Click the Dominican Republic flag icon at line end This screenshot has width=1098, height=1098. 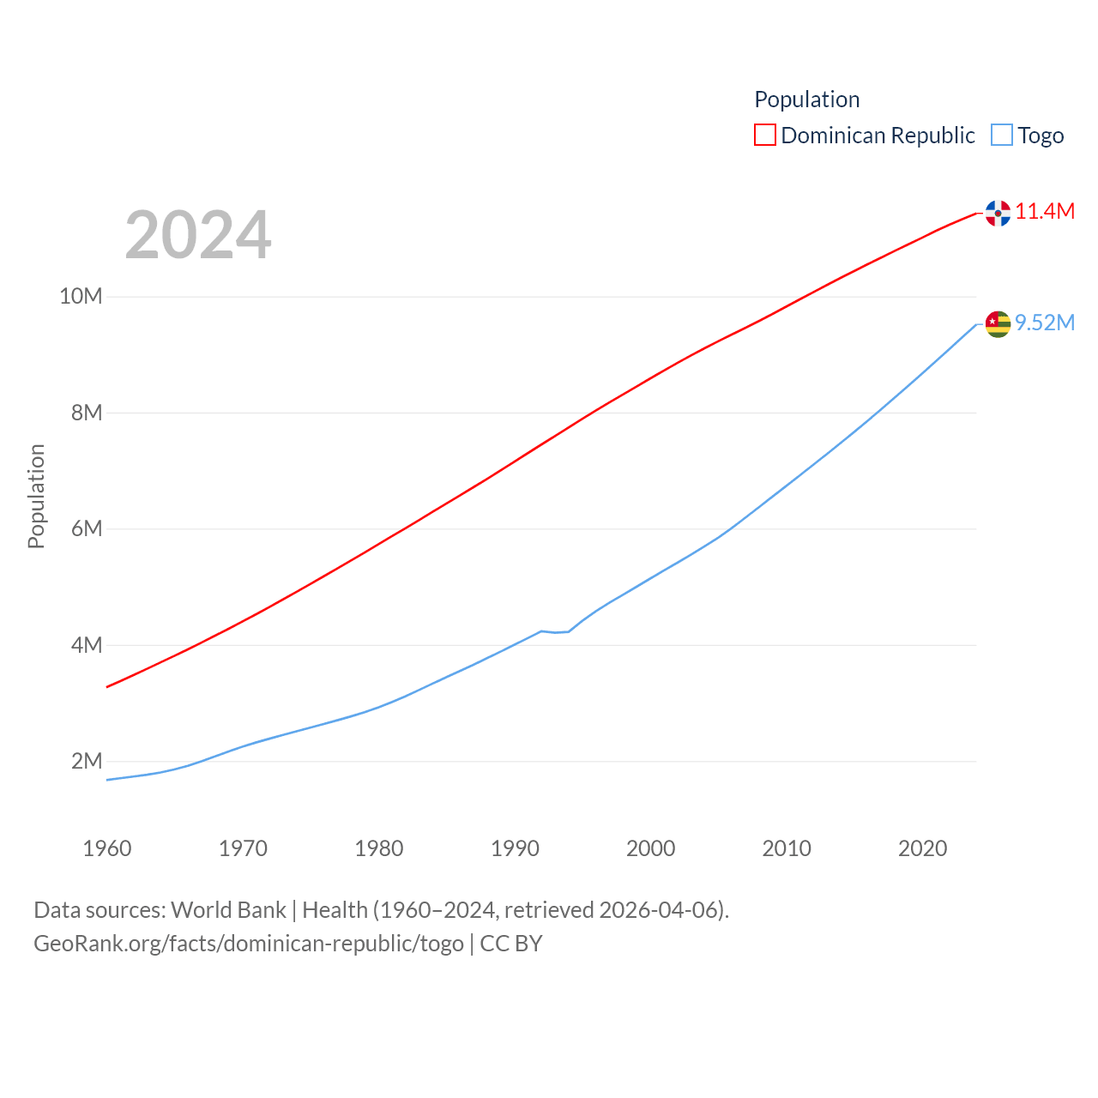pyautogui.click(x=998, y=213)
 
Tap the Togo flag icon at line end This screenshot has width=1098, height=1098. pyautogui.click(x=998, y=324)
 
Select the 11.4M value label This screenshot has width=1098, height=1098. pyautogui.click(x=1045, y=211)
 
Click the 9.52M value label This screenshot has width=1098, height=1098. pyautogui.click(x=1045, y=323)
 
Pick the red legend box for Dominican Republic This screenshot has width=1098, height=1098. pyautogui.click(x=765, y=136)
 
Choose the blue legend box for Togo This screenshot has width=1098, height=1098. pyautogui.click(x=1002, y=136)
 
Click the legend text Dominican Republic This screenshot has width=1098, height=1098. pyautogui.click(x=878, y=136)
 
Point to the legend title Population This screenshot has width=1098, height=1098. pyautogui.click(x=806, y=100)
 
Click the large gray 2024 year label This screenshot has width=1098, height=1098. pyautogui.click(x=198, y=235)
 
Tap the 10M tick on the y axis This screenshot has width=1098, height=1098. pyautogui.click(x=81, y=297)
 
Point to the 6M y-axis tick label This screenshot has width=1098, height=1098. pyautogui.click(x=87, y=528)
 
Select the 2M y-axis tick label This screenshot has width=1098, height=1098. pyautogui.click(x=87, y=761)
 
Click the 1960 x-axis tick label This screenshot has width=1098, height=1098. pyautogui.click(x=107, y=848)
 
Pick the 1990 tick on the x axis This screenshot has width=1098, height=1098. pyautogui.click(x=515, y=848)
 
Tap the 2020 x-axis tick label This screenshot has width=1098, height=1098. pyautogui.click(x=922, y=848)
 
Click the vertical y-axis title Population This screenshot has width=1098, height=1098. pyautogui.click(x=36, y=496)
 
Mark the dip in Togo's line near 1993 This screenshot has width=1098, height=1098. pyautogui.click(x=556, y=632)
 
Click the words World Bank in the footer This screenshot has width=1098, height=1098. pyautogui.click(x=228, y=910)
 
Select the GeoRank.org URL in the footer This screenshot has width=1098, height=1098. pyautogui.click(x=249, y=944)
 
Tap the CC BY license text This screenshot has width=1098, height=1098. pyautogui.click(x=511, y=944)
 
